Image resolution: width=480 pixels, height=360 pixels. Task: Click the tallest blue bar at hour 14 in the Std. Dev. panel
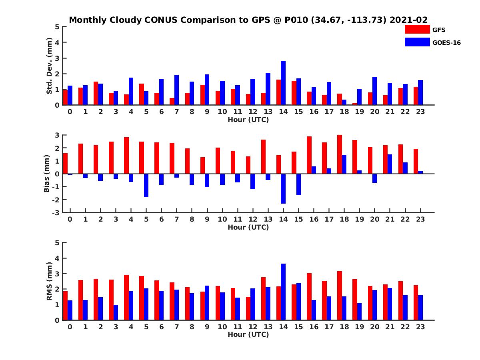coord(283,83)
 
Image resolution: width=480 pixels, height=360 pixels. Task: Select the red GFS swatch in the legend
coord(417,29)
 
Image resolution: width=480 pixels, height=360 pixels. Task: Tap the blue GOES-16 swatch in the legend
coord(417,42)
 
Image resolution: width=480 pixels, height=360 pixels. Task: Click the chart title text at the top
coord(248,20)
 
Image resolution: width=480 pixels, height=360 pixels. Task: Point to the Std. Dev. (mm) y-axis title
coord(49,66)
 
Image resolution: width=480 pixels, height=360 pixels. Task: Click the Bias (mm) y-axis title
coord(46,174)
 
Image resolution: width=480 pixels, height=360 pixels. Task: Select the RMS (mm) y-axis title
coord(49,281)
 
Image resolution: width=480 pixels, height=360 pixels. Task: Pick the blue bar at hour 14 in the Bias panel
coord(283,188)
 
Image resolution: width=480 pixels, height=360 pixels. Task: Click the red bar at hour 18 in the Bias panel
coord(340,154)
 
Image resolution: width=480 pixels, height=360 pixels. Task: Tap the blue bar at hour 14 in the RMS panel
coord(283,292)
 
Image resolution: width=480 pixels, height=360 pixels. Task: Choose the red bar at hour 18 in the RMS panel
coord(340,296)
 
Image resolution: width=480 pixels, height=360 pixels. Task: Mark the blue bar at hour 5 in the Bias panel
coord(146,185)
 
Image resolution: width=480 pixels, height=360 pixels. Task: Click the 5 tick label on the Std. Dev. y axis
coord(58,27)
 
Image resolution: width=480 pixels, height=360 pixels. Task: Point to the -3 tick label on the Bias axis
coord(56,212)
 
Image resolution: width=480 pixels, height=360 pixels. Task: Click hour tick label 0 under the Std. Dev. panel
coord(70,112)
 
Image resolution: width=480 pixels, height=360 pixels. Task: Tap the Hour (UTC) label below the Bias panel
coord(248,227)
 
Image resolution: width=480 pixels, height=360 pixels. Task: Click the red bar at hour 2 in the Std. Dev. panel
coord(96,93)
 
